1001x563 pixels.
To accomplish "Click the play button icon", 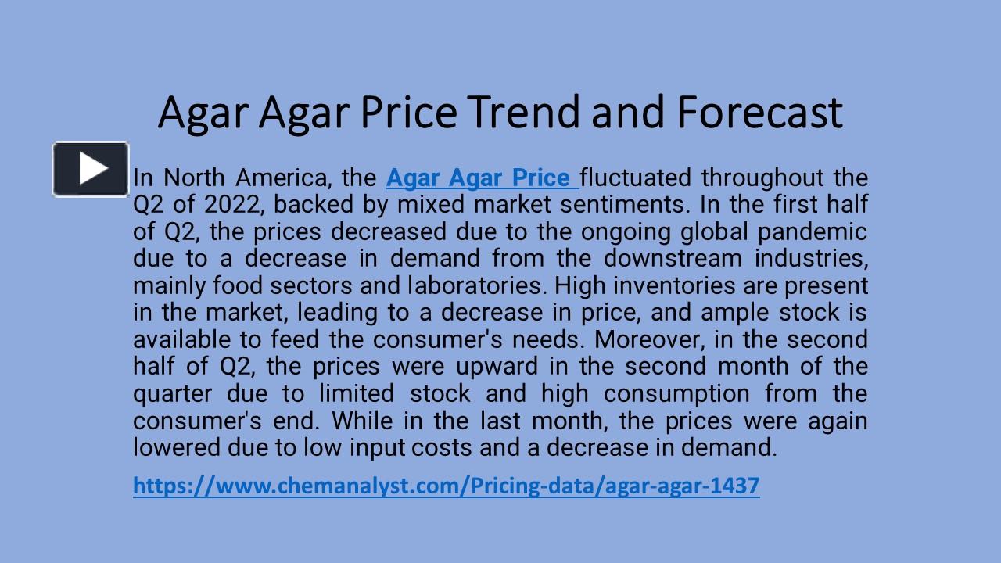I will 91,168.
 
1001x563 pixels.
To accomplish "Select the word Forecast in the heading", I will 759,112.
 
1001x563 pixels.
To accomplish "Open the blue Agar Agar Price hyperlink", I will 482,178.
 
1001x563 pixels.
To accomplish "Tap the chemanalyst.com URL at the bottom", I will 446,486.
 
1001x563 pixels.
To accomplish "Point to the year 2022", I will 232,205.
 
